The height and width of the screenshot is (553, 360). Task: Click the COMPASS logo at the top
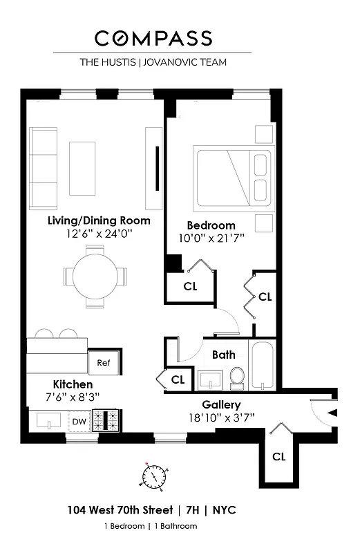(x=153, y=38)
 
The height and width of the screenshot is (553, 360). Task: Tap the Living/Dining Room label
(x=99, y=221)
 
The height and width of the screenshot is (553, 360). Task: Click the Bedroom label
(x=211, y=225)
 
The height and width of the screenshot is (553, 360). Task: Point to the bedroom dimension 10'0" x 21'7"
(x=211, y=238)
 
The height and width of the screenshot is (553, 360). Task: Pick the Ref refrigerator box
(x=104, y=362)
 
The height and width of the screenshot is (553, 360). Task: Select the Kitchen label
(x=73, y=384)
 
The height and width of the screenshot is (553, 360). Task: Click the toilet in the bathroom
(x=237, y=378)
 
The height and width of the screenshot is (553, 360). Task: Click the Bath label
(x=223, y=355)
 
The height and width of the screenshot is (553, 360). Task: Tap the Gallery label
(x=221, y=404)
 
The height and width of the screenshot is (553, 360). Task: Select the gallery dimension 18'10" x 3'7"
(x=221, y=417)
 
